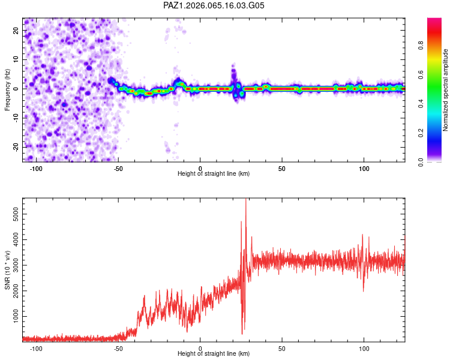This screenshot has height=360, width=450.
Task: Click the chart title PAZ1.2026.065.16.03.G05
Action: [x=214, y=6]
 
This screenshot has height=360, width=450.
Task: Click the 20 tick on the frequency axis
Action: [x=16, y=31]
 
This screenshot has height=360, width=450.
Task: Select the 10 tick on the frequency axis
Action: [x=16, y=60]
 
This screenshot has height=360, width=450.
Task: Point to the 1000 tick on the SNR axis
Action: [x=12, y=316]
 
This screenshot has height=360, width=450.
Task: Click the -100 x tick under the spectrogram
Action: [x=37, y=168]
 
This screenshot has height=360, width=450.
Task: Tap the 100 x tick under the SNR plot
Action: [x=364, y=348]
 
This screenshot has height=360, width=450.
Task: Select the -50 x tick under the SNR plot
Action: [x=118, y=348]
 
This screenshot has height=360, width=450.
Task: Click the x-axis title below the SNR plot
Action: [x=214, y=354]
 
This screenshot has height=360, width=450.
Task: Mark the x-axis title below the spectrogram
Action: [x=214, y=174]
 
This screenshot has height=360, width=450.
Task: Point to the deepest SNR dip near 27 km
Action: [x=242, y=334]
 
